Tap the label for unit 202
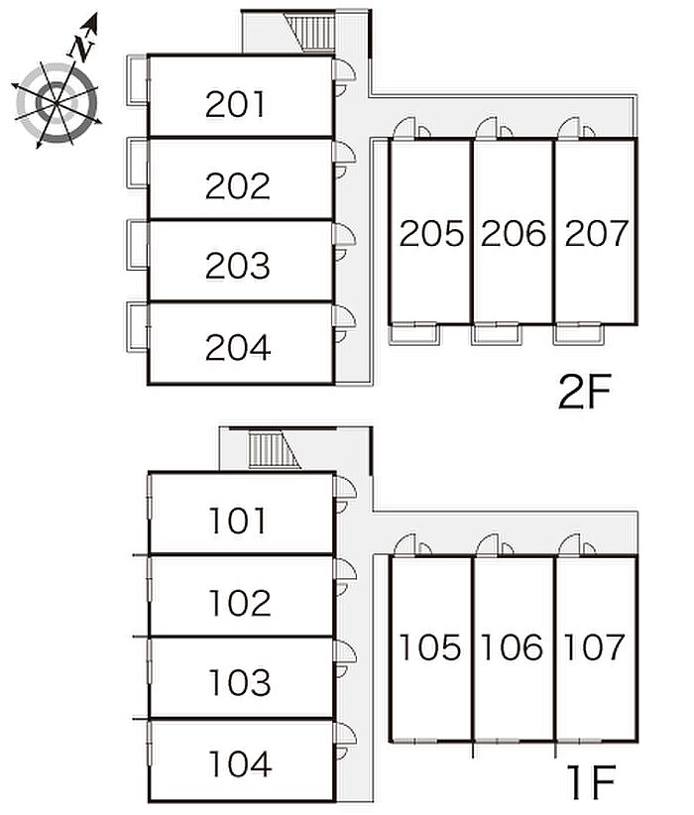(238, 185)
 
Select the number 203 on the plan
(238, 266)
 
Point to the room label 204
(238, 347)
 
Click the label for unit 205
(431, 234)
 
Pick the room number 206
(514, 234)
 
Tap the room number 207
(596, 234)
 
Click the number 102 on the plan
(239, 602)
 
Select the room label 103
(239, 682)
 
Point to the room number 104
(239, 763)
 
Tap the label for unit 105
(431, 648)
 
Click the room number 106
(514, 648)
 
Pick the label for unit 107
(595, 648)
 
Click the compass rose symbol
(58, 99)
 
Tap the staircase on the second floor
(317, 34)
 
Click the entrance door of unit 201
(344, 73)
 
